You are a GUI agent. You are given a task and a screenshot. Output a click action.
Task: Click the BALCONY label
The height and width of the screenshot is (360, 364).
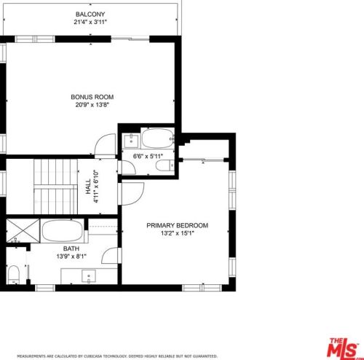point(90,14)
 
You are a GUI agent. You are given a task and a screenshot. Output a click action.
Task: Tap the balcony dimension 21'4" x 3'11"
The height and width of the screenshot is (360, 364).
point(90,22)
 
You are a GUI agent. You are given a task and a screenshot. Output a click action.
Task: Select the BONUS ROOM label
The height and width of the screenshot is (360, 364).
point(92,97)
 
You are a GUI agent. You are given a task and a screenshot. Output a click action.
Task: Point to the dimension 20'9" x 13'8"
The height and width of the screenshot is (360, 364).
point(92,105)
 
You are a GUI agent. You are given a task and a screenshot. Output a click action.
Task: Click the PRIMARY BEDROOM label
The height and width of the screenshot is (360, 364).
point(178,225)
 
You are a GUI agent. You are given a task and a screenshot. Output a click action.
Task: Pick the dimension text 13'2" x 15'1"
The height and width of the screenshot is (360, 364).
point(178,233)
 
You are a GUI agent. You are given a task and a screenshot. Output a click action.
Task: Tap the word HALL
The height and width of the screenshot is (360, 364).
point(88,187)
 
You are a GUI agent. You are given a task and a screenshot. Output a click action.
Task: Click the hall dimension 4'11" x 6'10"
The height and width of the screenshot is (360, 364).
point(96,187)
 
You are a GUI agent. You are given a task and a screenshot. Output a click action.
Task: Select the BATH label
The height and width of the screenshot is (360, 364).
point(71,249)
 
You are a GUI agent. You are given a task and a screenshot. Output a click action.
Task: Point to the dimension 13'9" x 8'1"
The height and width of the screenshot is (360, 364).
point(71,257)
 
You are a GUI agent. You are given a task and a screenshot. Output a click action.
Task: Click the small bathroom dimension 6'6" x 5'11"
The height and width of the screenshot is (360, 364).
point(148,156)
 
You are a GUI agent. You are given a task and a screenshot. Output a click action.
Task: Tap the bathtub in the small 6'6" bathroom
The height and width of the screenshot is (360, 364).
point(158,138)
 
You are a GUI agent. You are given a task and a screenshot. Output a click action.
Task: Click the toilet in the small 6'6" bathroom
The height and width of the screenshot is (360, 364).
point(165,165)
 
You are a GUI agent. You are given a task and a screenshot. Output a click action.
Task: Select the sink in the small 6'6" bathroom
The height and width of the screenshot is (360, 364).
point(131,141)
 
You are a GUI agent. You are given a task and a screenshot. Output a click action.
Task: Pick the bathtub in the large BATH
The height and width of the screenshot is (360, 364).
point(63,231)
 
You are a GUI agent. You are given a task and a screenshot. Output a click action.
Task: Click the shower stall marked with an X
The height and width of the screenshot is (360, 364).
point(23,230)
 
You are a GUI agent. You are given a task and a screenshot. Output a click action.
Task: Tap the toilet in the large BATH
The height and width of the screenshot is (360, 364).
point(14,275)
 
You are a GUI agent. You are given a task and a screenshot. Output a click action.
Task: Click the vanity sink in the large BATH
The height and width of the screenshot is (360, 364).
point(89,276)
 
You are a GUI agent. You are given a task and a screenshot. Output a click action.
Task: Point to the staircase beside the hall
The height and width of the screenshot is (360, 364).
point(55,187)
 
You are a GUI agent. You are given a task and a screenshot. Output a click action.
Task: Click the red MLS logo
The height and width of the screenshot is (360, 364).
point(343,348)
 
